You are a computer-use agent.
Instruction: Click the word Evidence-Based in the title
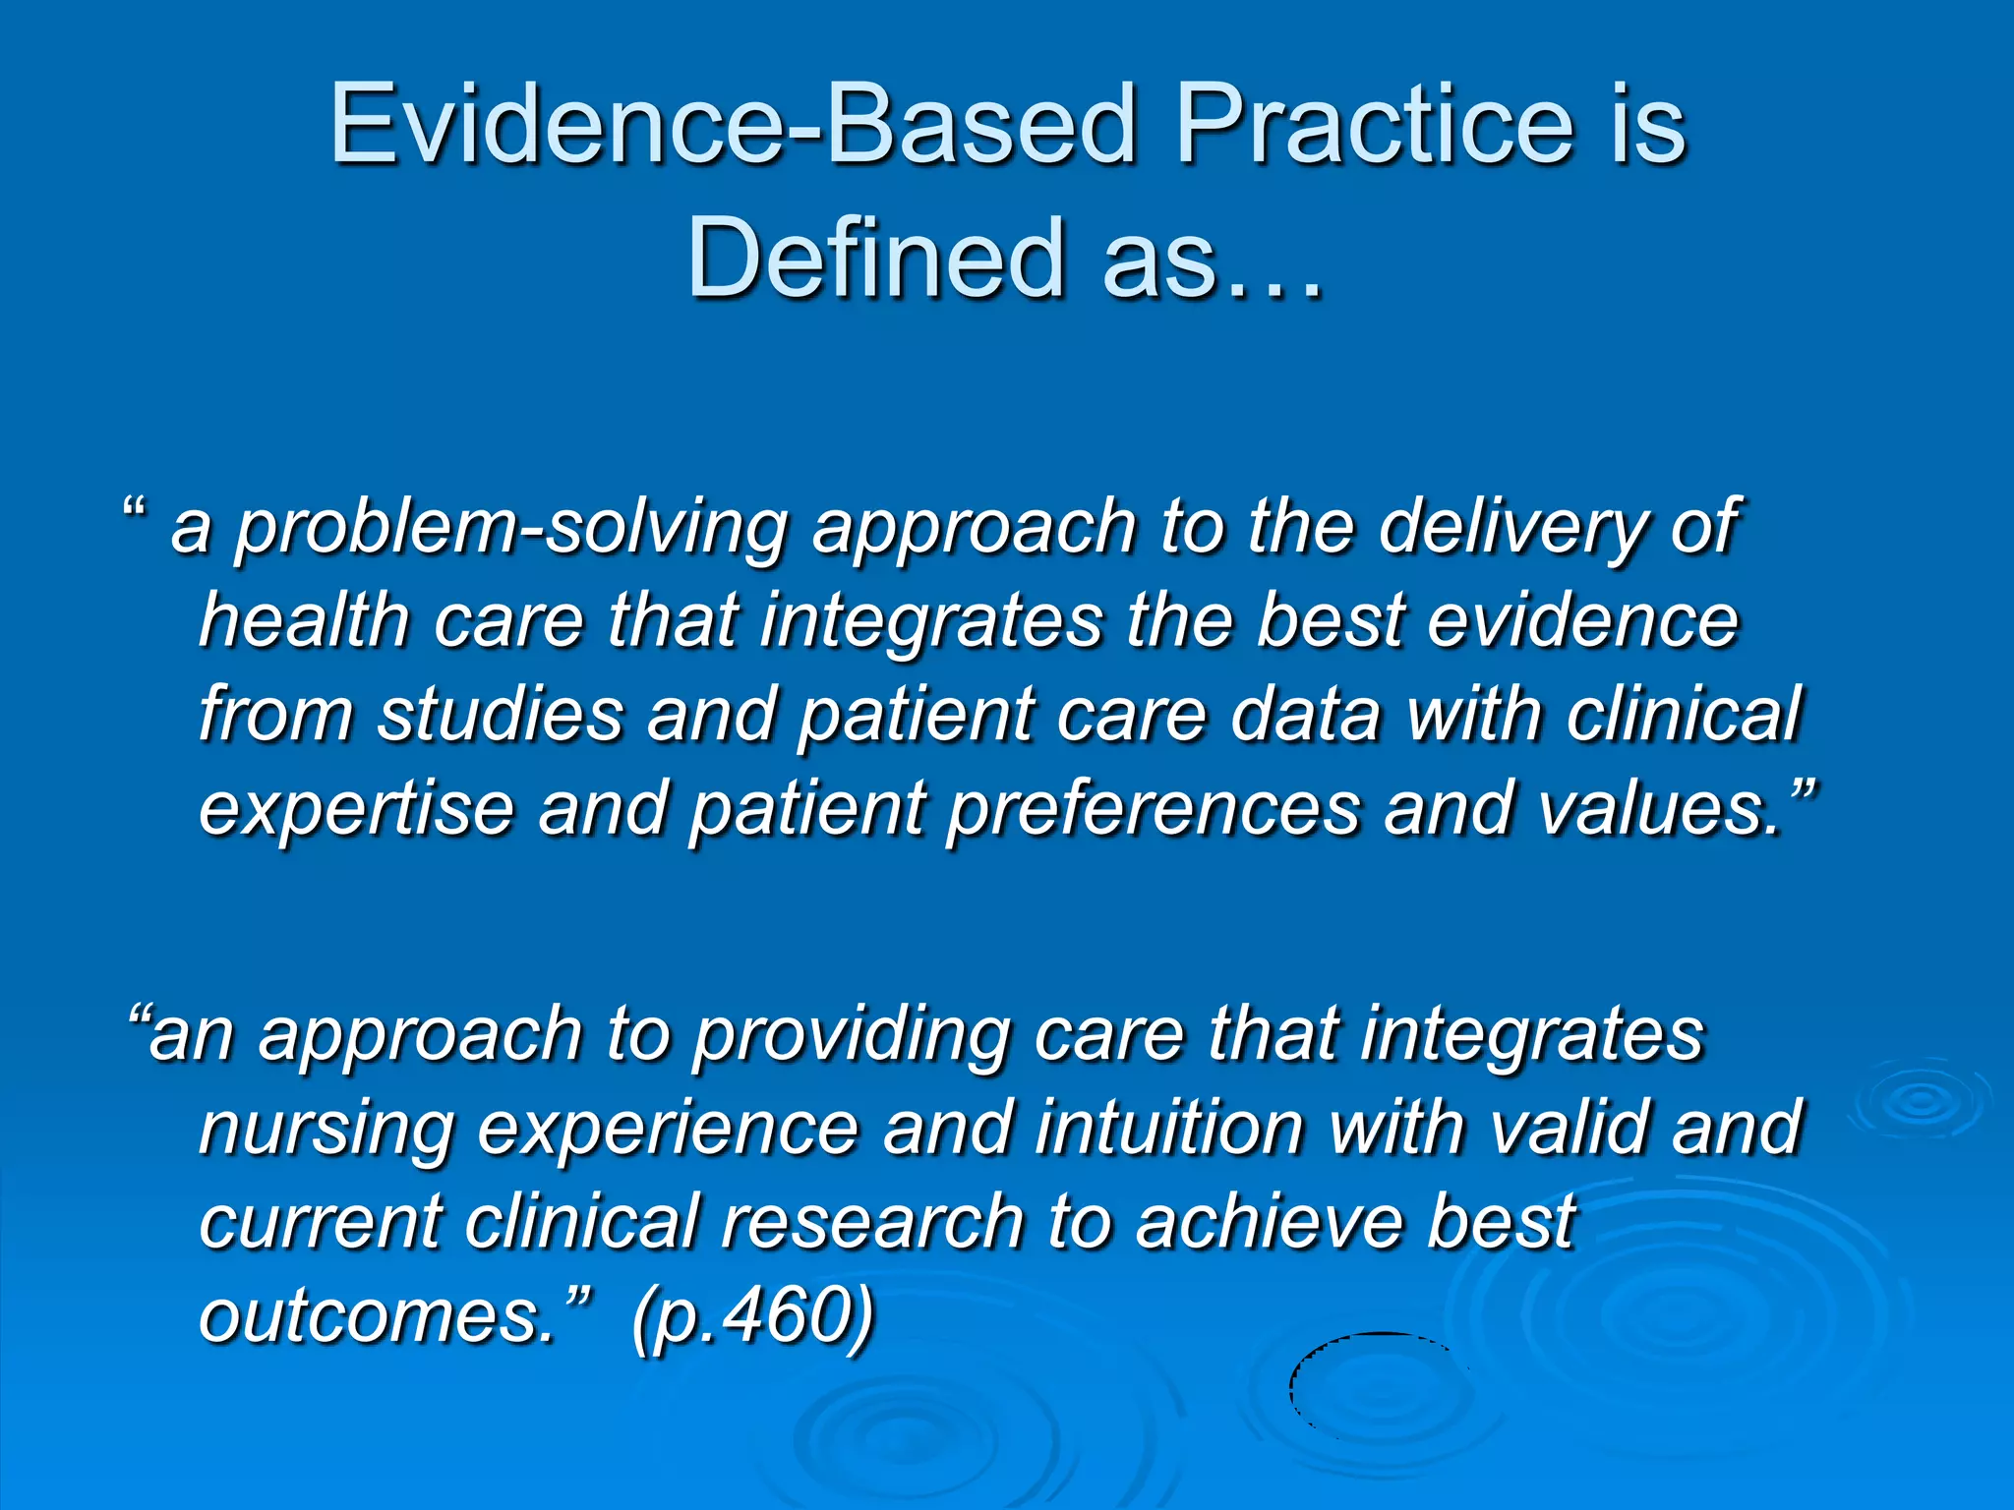click(x=733, y=125)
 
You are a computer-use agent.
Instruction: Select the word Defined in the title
click(x=875, y=258)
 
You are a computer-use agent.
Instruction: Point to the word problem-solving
click(x=510, y=529)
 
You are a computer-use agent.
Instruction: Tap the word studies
click(x=501, y=714)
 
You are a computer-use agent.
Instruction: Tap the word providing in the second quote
click(x=852, y=1036)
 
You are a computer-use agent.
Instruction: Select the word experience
click(x=669, y=1129)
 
